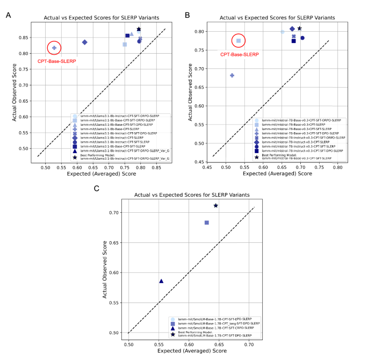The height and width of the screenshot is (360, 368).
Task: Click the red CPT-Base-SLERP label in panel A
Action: [x=56, y=61]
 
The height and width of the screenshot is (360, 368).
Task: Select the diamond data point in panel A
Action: [x=84, y=42]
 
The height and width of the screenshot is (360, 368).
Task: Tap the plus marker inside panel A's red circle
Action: [x=54, y=48]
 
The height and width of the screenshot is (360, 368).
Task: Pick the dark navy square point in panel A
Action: [x=127, y=36]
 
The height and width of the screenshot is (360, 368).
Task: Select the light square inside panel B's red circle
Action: [x=239, y=40]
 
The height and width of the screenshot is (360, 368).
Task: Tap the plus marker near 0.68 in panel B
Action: [x=232, y=75]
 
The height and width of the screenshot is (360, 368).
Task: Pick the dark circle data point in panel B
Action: [x=302, y=38]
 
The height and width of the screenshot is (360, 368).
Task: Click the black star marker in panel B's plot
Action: [x=300, y=28]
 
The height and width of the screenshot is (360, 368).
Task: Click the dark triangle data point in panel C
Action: [x=161, y=281]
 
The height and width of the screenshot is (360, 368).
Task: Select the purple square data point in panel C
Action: [x=207, y=222]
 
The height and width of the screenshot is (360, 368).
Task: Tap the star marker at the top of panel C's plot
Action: [x=216, y=205]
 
